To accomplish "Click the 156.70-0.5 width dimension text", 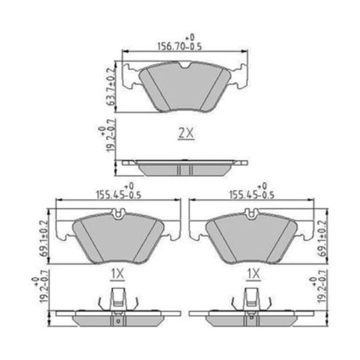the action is coord(179,47).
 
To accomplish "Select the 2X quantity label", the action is coord(186,133).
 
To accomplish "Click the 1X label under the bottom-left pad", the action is coord(118,274).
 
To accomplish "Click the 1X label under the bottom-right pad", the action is coord(253,274).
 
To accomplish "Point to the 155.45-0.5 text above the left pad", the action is coord(118,195).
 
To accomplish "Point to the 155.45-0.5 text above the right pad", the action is coord(252,195).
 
